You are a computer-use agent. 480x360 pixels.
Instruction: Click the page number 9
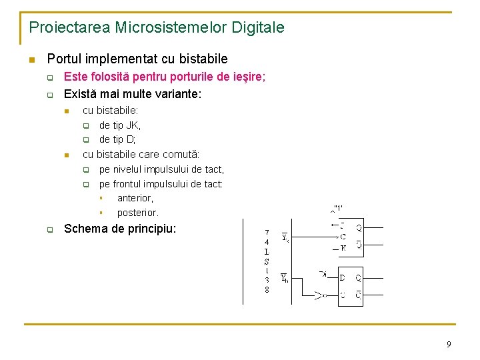(x=449, y=344)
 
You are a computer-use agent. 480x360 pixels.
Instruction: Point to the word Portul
(x=65, y=59)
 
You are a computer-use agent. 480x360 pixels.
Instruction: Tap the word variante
(x=175, y=94)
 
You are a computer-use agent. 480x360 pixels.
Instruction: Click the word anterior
(x=135, y=198)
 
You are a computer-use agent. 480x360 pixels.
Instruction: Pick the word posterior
(x=137, y=213)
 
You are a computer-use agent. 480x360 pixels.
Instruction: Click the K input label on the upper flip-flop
(x=343, y=248)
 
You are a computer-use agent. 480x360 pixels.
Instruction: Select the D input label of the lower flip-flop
(x=343, y=277)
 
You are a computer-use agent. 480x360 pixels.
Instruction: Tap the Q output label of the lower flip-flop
(x=359, y=277)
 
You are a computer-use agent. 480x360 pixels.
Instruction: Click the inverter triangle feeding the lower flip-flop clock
(x=321, y=294)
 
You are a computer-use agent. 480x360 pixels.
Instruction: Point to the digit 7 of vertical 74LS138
(x=267, y=233)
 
